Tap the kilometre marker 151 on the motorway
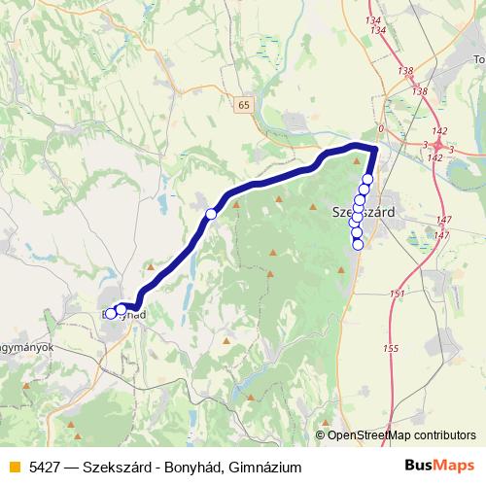(396, 294)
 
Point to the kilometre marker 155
(391, 348)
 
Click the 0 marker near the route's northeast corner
(381, 128)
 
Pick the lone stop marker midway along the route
(211, 213)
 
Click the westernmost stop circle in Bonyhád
(111, 313)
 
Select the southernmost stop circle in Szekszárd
(358, 244)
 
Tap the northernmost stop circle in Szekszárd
(367, 179)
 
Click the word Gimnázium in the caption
(267, 468)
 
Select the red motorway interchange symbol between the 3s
(439, 145)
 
